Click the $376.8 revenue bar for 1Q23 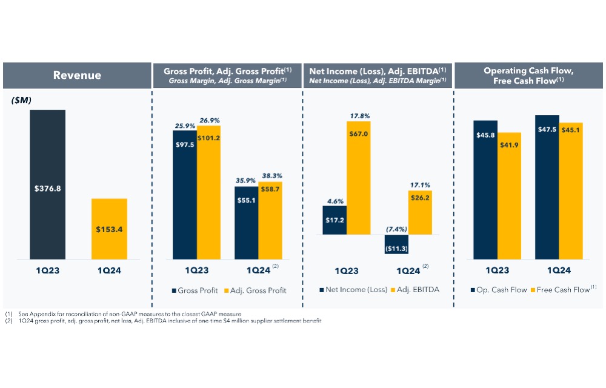[47, 184]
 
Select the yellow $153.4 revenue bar [109, 229]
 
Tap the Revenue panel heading [77, 75]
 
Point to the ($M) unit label [21, 100]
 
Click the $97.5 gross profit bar [185, 195]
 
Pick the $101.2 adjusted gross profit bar [208, 192]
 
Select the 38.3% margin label [272, 176]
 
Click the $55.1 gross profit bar [246, 223]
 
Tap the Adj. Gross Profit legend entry [255, 290]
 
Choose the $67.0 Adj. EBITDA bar [359, 178]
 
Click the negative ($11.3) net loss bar [396, 244]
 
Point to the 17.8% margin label [360, 116]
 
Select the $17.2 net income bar [335, 220]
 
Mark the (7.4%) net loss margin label [396, 229]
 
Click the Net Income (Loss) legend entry [353, 289]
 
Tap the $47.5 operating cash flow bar [547, 187]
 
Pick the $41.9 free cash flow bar [509, 196]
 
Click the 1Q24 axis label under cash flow [559, 270]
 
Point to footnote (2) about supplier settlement [163, 321]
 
